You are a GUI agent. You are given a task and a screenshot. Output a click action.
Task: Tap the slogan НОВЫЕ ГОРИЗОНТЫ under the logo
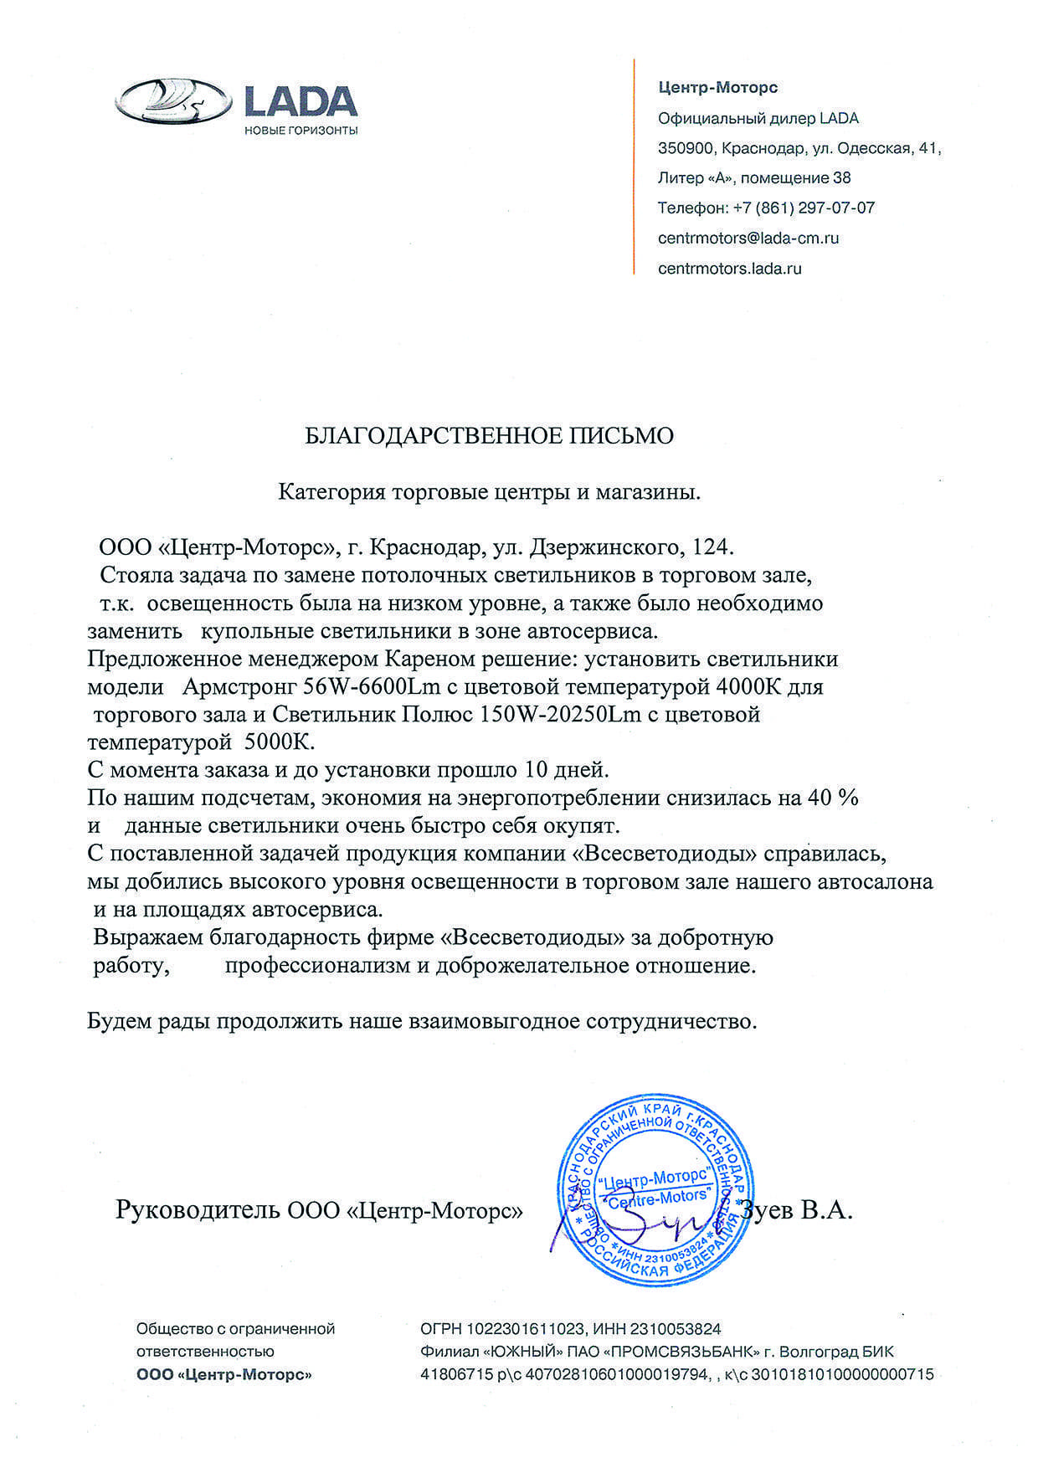pos(301,130)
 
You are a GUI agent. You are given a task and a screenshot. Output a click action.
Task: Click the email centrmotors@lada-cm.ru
pos(748,239)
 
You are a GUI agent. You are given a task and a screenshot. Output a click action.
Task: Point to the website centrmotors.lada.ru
pos(730,269)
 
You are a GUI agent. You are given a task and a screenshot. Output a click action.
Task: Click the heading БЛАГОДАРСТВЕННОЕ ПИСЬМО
pos(488,436)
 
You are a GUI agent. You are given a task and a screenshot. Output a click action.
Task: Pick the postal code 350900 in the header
pos(686,148)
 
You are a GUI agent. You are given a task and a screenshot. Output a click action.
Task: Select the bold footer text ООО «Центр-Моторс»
pos(224,1374)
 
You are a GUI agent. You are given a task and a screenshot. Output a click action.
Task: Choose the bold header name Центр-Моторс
pos(718,87)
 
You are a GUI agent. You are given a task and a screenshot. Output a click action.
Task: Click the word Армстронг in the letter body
pos(239,687)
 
